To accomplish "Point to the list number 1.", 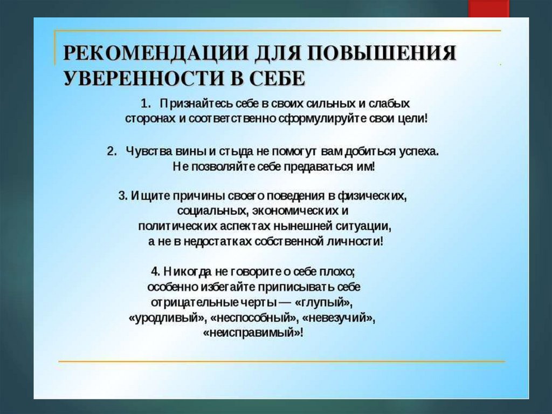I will pyautogui.click(x=146, y=103).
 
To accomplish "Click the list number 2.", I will pyautogui.click(x=111, y=152).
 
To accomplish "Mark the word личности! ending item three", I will pyautogui.click(x=357, y=241).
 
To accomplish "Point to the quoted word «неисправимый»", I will pyautogui.click(x=252, y=333).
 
